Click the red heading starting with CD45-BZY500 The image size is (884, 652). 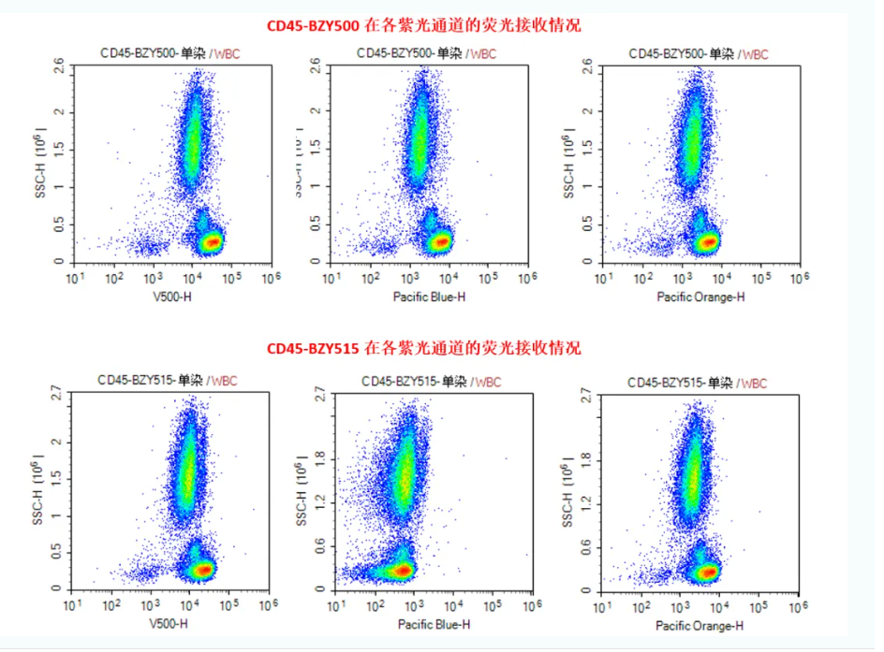[423, 25]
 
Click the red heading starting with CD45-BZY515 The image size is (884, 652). [423, 349]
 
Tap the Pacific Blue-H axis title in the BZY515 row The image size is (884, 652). [434, 624]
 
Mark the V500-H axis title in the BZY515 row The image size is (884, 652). [169, 624]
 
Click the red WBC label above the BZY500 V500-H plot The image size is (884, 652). [226, 53]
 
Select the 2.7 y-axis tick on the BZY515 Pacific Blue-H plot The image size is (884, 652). [319, 396]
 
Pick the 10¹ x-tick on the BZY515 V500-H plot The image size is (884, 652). [74, 605]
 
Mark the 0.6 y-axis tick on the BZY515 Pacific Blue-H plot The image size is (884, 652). [319, 550]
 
